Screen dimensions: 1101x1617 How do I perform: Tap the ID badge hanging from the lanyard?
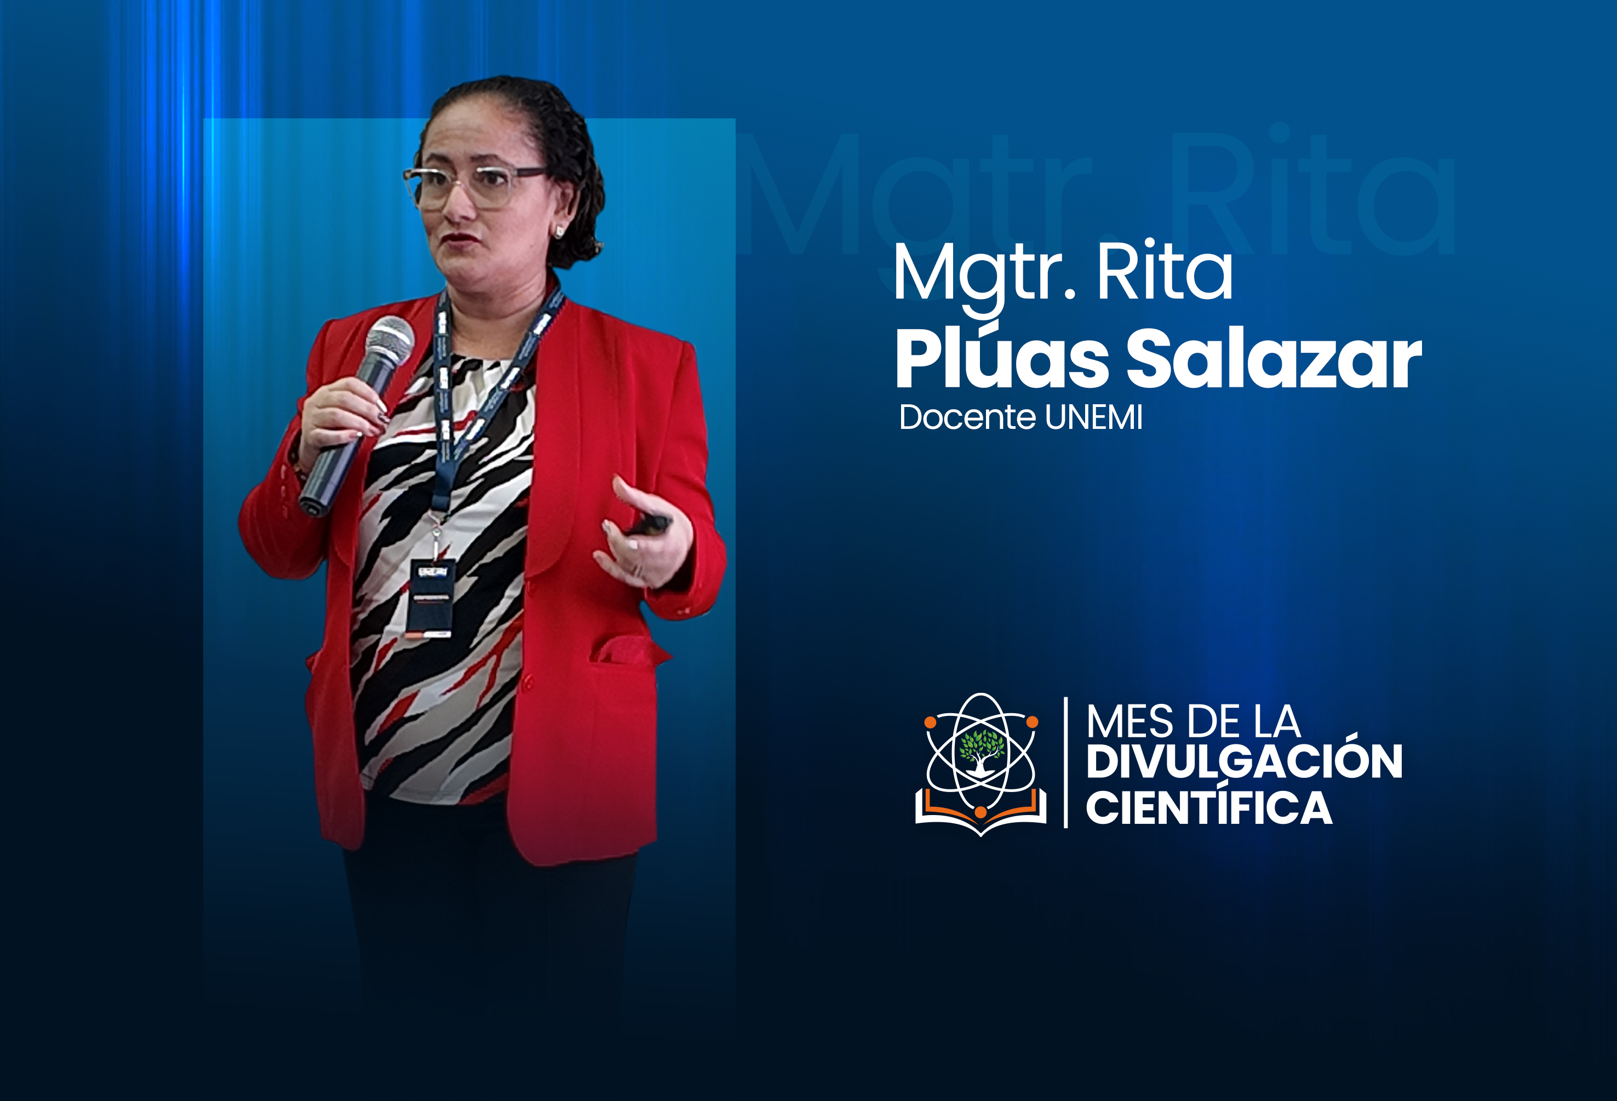431,599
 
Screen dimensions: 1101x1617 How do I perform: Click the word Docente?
968,417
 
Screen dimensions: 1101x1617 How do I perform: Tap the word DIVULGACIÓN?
1244,761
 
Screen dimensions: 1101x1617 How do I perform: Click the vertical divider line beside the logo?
1066,762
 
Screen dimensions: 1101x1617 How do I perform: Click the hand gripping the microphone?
341,417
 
